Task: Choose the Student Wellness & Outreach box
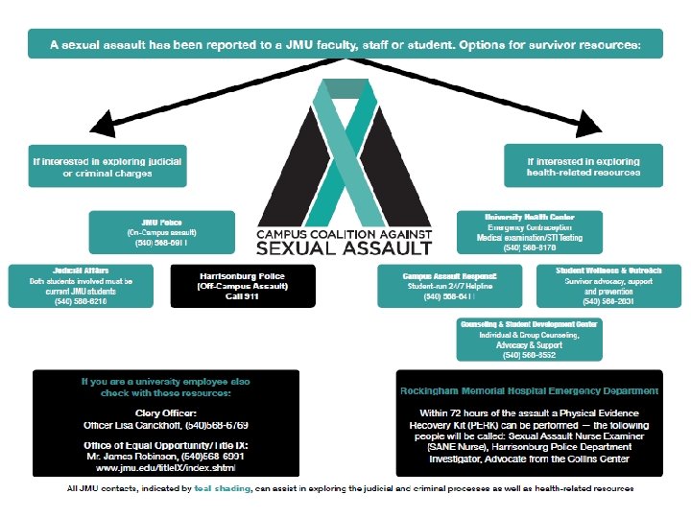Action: pyautogui.click(x=608, y=285)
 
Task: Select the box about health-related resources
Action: pyautogui.click(x=584, y=166)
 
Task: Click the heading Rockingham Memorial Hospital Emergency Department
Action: pyautogui.click(x=529, y=391)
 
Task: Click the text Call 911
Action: pyautogui.click(x=242, y=297)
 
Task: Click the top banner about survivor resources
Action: pyautogui.click(x=345, y=43)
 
